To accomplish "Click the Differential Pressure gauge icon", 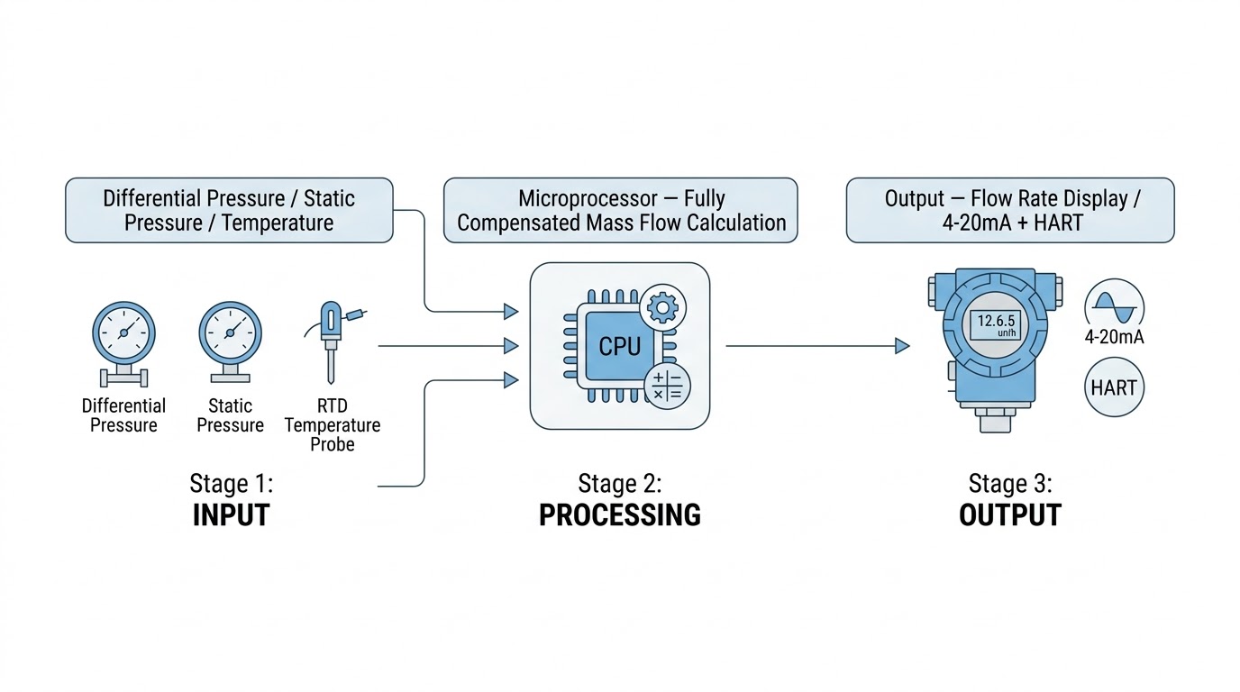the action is pyautogui.click(x=123, y=343).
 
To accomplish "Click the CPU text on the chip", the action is pyautogui.click(x=619, y=347).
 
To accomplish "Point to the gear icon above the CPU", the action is pyautogui.click(x=662, y=307).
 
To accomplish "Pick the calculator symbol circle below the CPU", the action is pyautogui.click(x=667, y=386).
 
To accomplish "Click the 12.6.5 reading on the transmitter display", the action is pyautogui.click(x=996, y=321).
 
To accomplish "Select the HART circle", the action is pyautogui.click(x=1114, y=387).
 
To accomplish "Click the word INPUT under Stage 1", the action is pyautogui.click(x=231, y=514).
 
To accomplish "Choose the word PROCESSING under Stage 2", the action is pyautogui.click(x=619, y=514).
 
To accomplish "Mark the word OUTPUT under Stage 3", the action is pyautogui.click(x=1009, y=514).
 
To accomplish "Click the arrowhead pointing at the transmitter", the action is pyautogui.click(x=902, y=346).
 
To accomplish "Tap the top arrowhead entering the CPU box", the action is pyautogui.click(x=511, y=311).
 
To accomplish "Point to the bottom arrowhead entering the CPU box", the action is pyautogui.click(x=511, y=380).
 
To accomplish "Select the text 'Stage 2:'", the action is pyautogui.click(x=619, y=483).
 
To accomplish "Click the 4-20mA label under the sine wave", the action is pyautogui.click(x=1114, y=337).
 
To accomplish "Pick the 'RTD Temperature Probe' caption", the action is pyautogui.click(x=333, y=425).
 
